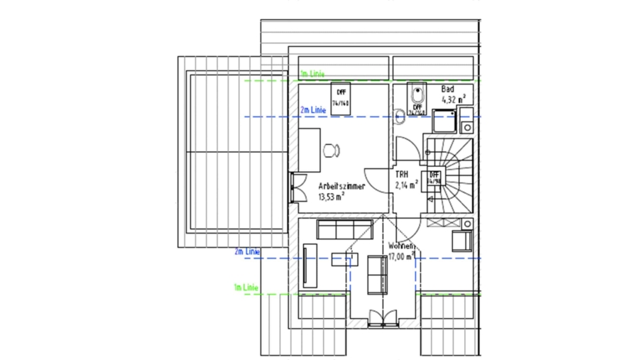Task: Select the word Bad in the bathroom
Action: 447,89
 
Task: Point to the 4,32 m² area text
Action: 453,100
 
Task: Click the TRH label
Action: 401,174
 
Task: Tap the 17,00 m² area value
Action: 401,256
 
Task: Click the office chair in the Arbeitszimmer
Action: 332,150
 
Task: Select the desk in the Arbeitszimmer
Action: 309,151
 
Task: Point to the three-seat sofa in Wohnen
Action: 344,229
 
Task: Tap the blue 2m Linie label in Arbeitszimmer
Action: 312,110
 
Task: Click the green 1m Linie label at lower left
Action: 245,288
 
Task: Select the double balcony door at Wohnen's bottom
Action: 383,320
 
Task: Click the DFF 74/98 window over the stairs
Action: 432,178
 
